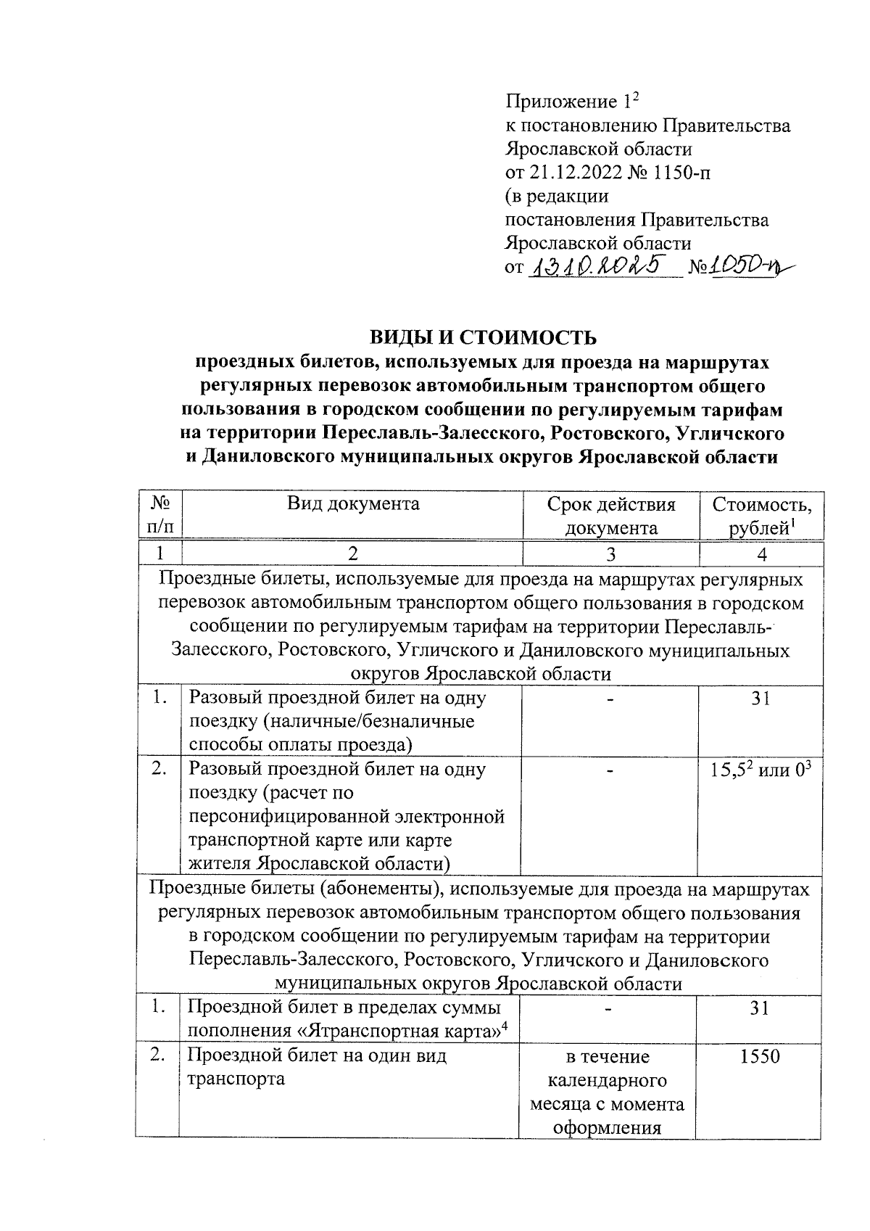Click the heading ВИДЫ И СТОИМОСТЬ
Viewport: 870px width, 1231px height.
click(x=483, y=337)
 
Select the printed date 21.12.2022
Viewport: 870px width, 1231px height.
click(x=579, y=173)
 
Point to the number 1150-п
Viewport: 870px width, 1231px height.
click(x=688, y=173)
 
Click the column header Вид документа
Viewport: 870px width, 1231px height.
click(x=352, y=503)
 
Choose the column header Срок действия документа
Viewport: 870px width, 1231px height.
click(x=611, y=516)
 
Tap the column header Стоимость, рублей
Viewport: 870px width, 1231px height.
click(x=761, y=516)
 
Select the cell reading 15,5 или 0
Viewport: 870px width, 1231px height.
click(x=761, y=770)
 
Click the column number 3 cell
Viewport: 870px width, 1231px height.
click(x=611, y=554)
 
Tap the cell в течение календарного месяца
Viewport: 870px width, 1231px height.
click(x=608, y=1092)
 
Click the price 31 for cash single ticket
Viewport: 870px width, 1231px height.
click(x=761, y=699)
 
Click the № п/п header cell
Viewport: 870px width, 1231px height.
click(x=159, y=516)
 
